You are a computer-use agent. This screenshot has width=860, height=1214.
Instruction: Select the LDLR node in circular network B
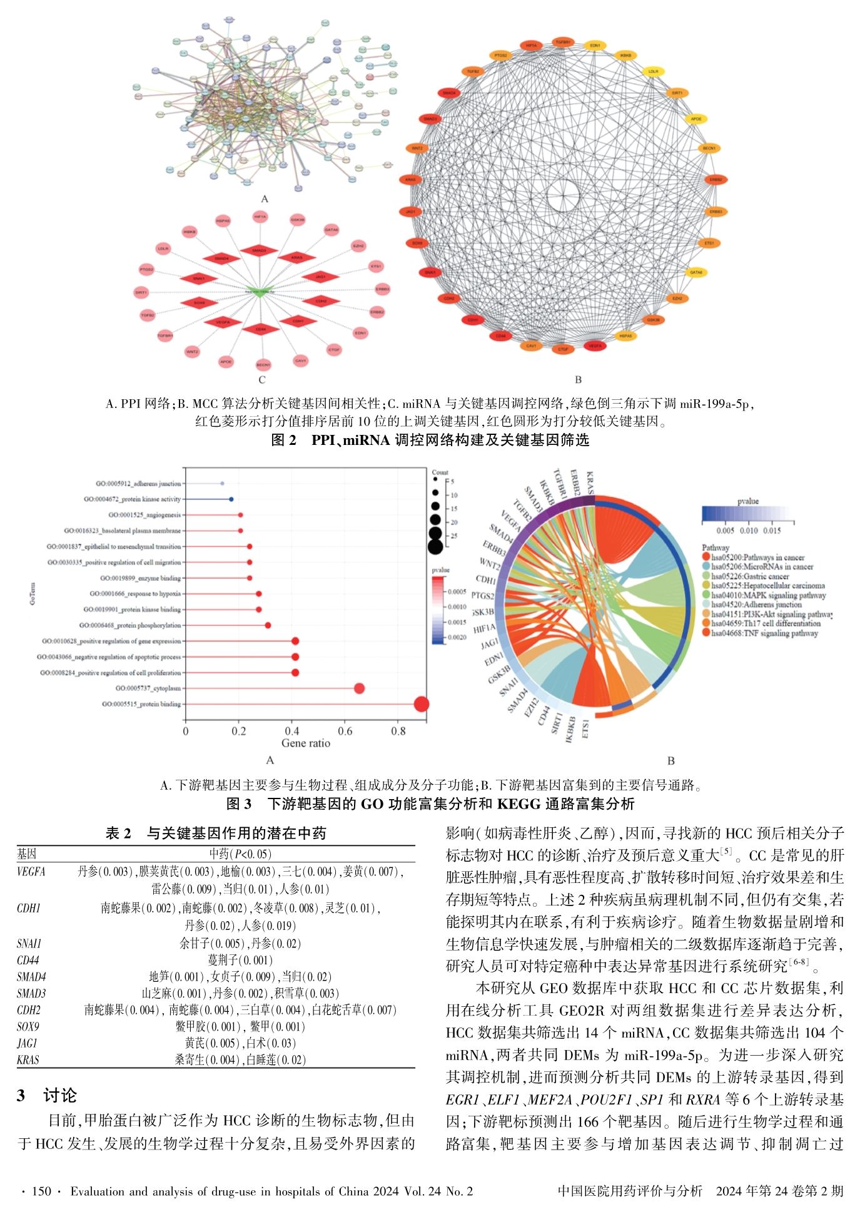[654, 71]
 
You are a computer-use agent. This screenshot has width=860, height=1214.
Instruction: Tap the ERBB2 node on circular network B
[716, 180]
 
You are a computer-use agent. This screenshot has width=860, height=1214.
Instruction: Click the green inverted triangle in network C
[259, 291]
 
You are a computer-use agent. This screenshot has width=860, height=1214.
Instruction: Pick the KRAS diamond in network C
[296, 257]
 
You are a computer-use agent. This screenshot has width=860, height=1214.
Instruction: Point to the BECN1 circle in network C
[263, 364]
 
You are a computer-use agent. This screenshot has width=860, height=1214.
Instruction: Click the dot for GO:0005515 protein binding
[422, 704]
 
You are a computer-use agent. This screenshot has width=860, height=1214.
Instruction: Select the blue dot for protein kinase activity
[231, 499]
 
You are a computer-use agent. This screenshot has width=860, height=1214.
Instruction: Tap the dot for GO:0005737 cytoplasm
[359, 688]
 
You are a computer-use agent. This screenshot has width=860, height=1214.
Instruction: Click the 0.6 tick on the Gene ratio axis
[345, 731]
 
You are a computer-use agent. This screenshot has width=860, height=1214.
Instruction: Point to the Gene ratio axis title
[305, 743]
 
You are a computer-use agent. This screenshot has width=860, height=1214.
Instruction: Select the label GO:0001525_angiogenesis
[144, 515]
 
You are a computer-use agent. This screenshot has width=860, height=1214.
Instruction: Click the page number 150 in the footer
[41, 1191]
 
